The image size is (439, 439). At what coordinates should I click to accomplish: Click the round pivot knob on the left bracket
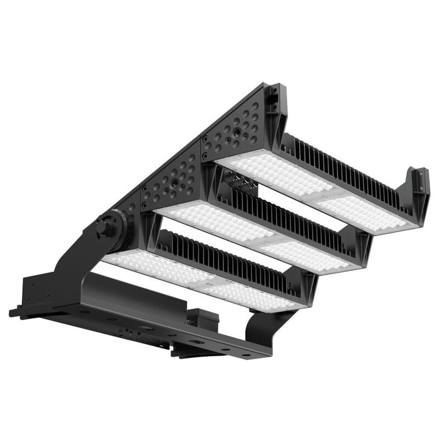(104, 227)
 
